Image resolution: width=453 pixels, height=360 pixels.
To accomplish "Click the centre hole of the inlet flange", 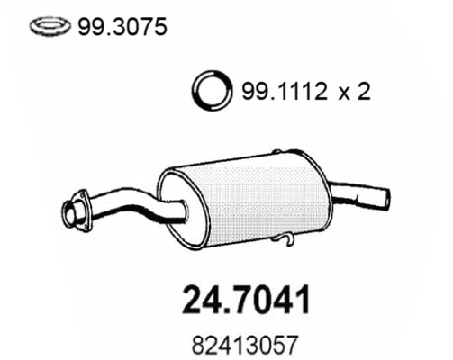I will pyautogui.click(x=70, y=213).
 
